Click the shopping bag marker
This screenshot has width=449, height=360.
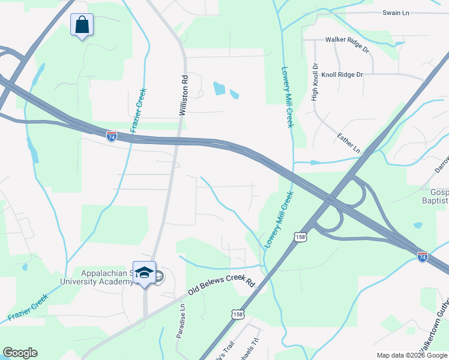(x=82, y=26)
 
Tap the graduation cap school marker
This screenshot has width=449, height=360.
(x=144, y=274)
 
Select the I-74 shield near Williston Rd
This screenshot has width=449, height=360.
(x=112, y=136)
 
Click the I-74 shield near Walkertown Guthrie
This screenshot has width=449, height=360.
(x=423, y=256)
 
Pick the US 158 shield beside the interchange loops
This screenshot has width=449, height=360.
(x=301, y=238)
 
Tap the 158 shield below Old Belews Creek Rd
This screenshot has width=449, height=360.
(x=238, y=313)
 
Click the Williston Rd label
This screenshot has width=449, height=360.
(x=185, y=95)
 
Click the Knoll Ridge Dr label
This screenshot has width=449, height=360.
(x=343, y=75)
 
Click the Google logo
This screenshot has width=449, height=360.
(x=20, y=353)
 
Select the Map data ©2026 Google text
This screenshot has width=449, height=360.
(x=411, y=355)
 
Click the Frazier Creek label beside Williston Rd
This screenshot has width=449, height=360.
(x=139, y=110)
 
